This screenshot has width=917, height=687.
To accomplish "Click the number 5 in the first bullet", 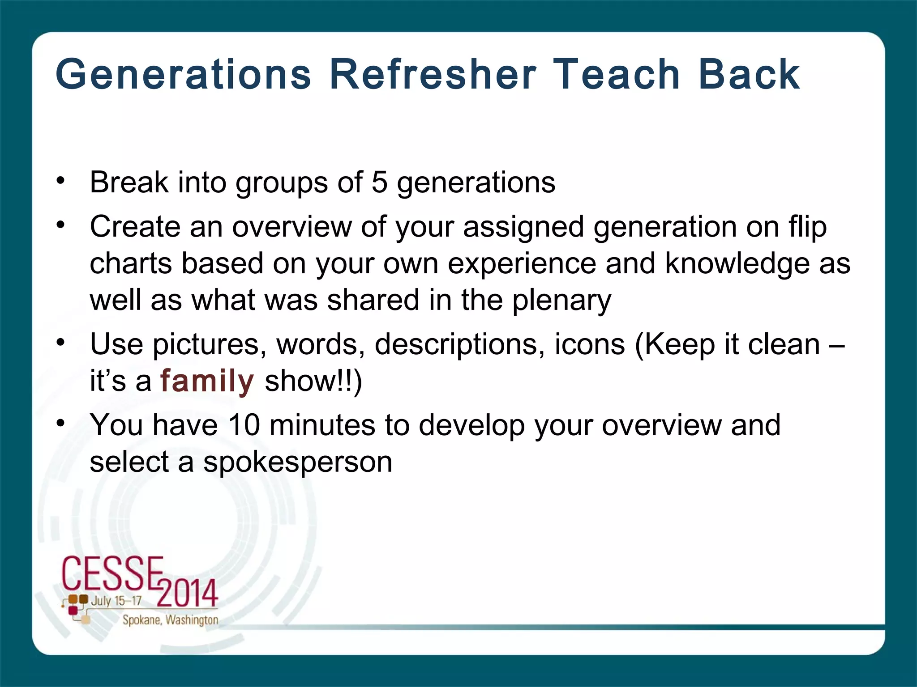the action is (x=380, y=182).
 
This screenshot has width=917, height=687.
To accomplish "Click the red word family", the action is (x=207, y=382).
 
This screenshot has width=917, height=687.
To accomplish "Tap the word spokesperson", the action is (x=298, y=462).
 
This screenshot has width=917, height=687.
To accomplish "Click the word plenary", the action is (x=561, y=301).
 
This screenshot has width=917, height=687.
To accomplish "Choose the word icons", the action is (x=590, y=344).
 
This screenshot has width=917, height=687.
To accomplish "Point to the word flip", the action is (x=808, y=227).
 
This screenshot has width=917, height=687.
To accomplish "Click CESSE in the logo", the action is (x=112, y=573).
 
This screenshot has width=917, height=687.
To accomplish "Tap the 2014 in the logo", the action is (x=187, y=593).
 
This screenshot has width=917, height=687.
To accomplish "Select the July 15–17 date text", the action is (x=116, y=601).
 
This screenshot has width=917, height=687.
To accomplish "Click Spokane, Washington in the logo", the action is (x=170, y=620).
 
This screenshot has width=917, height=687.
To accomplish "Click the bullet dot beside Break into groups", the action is (x=61, y=181).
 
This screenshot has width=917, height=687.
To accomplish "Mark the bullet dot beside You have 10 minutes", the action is (x=61, y=423).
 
